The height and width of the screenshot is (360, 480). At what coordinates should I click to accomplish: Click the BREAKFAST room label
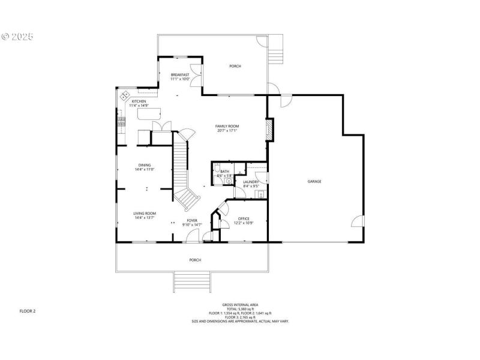coord(180,75)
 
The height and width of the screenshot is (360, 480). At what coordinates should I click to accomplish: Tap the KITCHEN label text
coord(139,102)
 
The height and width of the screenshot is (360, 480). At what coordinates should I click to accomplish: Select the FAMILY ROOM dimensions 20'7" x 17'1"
coord(227,130)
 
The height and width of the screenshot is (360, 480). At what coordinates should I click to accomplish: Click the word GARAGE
coord(314,181)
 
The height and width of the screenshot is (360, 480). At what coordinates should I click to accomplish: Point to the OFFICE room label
coord(243,218)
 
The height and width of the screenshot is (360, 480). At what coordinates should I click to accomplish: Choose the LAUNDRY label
coord(251,182)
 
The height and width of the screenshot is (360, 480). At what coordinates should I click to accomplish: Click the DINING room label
coord(145,165)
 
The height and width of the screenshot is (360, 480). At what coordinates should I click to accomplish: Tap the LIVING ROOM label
coord(145,214)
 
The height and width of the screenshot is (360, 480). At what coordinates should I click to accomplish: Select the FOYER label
coord(192,221)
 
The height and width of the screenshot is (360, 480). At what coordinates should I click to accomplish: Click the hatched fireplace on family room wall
coord(270,129)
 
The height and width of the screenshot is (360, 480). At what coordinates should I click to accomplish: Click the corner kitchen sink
coord(125,95)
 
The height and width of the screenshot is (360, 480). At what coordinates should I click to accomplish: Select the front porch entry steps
coord(192,281)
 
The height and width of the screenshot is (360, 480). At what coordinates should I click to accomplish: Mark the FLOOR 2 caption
coord(28,311)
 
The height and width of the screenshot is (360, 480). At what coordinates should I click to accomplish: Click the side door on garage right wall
coord(358,222)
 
